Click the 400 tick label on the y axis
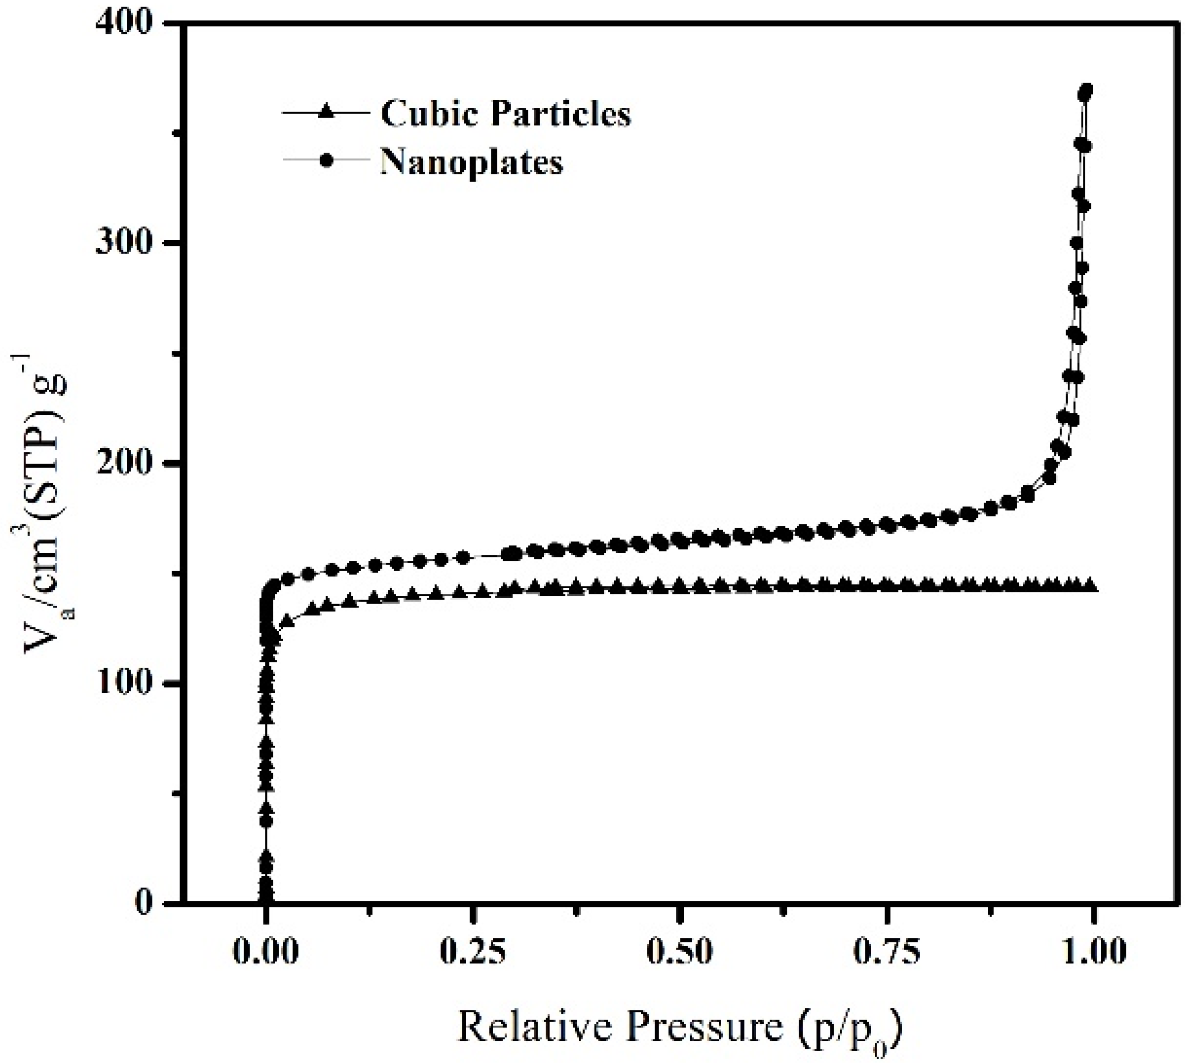(x=124, y=24)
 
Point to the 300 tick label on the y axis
(x=124, y=243)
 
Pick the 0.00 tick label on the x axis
(x=266, y=952)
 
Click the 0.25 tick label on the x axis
(x=472, y=952)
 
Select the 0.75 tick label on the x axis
(x=887, y=952)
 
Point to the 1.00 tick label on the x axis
(x=1093, y=952)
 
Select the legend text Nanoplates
(x=471, y=162)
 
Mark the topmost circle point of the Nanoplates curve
(x=1087, y=90)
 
